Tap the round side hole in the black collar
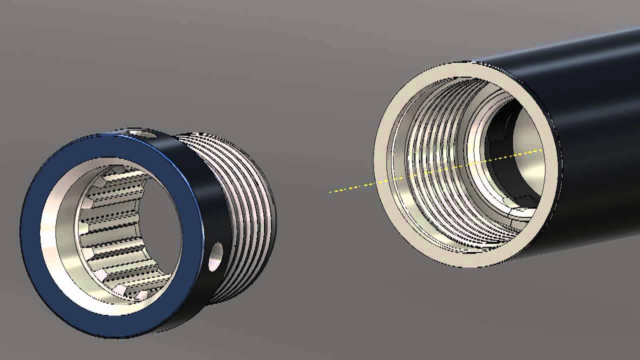point(215,256)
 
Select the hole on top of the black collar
point(142,133)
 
